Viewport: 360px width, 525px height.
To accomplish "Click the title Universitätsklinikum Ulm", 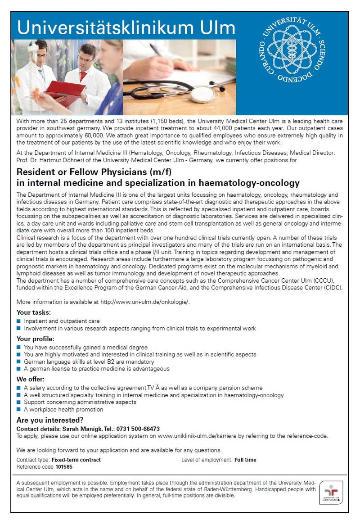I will click(x=126, y=27).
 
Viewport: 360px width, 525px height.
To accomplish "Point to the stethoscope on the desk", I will click(x=180, y=91).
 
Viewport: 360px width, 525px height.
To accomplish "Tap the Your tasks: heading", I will click(x=34, y=312).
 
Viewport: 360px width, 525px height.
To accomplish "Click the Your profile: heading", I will click(x=36, y=339).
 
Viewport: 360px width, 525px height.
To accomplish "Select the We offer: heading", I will click(x=31, y=379).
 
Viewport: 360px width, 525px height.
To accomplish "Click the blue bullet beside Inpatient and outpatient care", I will click(x=18, y=321).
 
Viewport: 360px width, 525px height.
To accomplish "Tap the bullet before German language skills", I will click(x=18, y=362).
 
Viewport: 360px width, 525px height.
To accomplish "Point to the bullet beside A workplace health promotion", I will click(x=18, y=409).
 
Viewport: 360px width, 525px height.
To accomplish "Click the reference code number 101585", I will click(x=64, y=467).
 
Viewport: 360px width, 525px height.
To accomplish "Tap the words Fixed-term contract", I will click(x=76, y=460).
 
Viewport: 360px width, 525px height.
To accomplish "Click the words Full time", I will click(x=245, y=460).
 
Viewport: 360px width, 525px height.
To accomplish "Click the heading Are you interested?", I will click(x=50, y=421).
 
